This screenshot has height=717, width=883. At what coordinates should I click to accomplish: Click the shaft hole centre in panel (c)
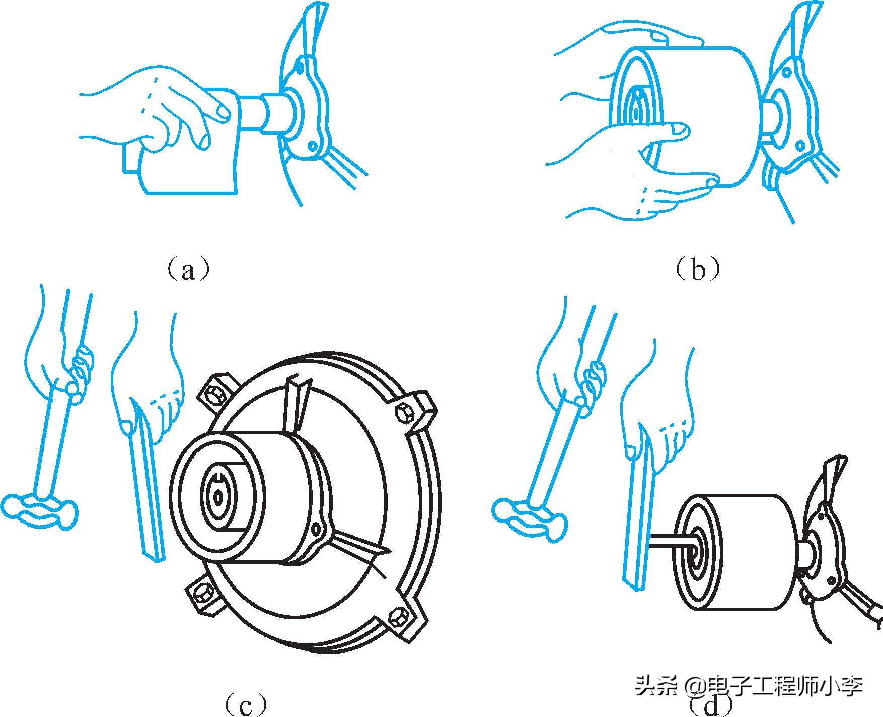[x=218, y=497]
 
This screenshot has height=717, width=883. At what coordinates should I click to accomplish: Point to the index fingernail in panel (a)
[x=221, y=112]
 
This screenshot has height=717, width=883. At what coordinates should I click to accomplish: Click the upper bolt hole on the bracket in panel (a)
[x=301, y=66]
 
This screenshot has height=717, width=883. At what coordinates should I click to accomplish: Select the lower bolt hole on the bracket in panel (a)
[x=313, y=146]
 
